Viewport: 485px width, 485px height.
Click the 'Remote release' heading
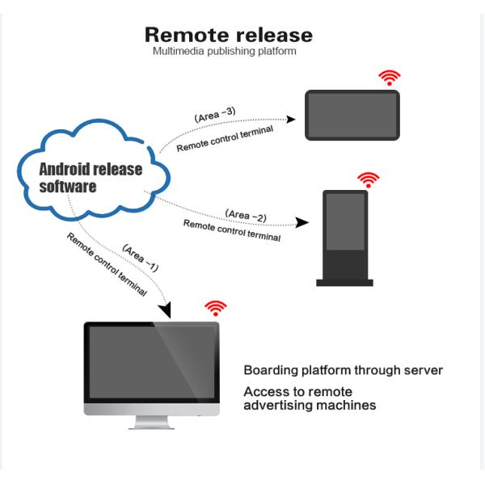tap(228, 36)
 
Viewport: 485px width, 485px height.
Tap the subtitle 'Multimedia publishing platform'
tap(225, 52)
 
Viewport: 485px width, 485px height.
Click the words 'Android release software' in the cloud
tap(91, 178)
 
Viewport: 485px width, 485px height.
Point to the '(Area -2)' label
tap(246, 215)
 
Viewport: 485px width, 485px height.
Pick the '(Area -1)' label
tap(140, 255)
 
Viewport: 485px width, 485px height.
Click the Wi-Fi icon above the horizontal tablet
tap(390, 77)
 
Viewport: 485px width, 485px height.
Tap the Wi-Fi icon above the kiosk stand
tap(369, 179)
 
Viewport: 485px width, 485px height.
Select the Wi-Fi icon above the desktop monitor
tap(215, 308)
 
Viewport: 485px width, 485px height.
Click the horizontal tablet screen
tap(352, 116)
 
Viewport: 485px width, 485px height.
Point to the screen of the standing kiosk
tap(344, 221)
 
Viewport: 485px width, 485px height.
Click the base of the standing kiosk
tap(344, 282)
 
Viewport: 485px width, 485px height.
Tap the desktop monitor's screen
tap(152, 361)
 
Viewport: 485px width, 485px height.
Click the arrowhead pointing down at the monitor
tap(167, 310)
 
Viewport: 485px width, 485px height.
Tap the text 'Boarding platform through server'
tap(343, 371)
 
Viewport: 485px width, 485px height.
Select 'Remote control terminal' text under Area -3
tap(225, 138)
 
